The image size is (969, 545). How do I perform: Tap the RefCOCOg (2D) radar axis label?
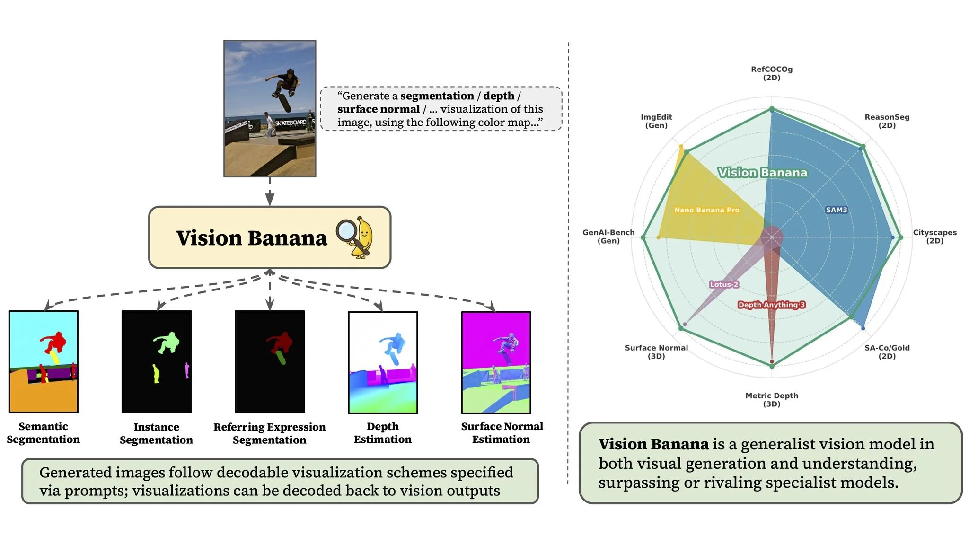tap(771, 73)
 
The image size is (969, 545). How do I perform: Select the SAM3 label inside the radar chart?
tap(836, 210)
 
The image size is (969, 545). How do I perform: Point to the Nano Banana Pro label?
tap(706, 210)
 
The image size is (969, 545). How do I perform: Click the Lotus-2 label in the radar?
tap(723, 284)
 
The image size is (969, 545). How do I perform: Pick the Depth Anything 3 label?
tap(771, 305)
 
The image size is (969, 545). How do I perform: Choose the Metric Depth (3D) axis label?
tap(771, 399)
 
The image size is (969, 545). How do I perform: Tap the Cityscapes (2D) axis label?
tap(934, 237)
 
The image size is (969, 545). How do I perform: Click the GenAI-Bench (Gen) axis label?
tap(608, 237)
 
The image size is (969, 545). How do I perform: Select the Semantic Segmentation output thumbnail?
tap(44, 361)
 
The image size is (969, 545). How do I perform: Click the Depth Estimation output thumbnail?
tap(383, 362)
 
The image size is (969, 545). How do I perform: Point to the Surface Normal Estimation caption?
tap(502, 432)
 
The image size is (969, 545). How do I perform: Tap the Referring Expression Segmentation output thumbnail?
tap(270, 361)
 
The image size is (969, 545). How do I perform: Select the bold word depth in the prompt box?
tap(498, 96)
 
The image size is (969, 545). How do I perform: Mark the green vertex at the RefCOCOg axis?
tap(772, 109)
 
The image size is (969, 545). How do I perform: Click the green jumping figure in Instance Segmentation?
tap(167, 342)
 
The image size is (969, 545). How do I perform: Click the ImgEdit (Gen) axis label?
tap(656, 121)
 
